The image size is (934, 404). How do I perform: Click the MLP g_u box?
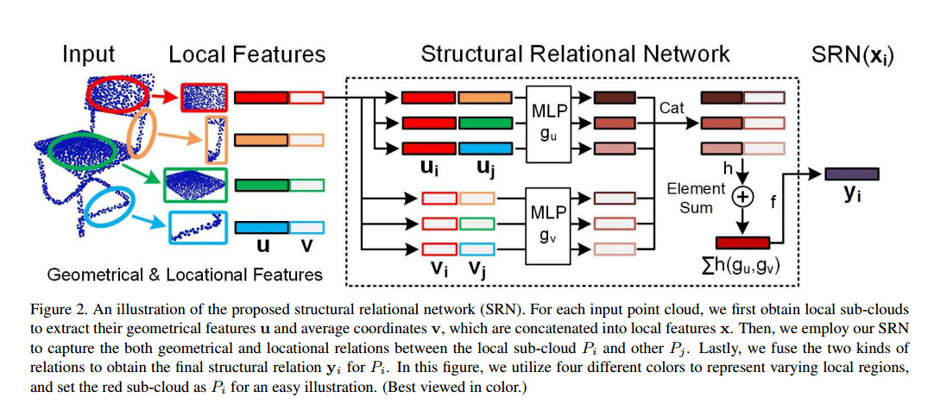click(548, 123)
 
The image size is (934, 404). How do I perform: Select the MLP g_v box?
click(548, 224)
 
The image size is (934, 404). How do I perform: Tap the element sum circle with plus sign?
click(742, 197)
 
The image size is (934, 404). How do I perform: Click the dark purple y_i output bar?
click(852, 174)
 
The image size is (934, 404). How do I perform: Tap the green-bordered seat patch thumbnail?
click(194, 186)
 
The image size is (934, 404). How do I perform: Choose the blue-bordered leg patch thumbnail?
click(197, 228)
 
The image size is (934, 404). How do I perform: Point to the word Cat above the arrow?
click(671, 108)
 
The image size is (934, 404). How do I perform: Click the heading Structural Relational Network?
click(575, 54)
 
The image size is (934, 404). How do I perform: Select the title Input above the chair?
click(89, 55)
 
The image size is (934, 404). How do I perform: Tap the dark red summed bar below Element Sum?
click(742, 243)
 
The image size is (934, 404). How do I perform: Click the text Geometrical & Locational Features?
click(185, 275)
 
